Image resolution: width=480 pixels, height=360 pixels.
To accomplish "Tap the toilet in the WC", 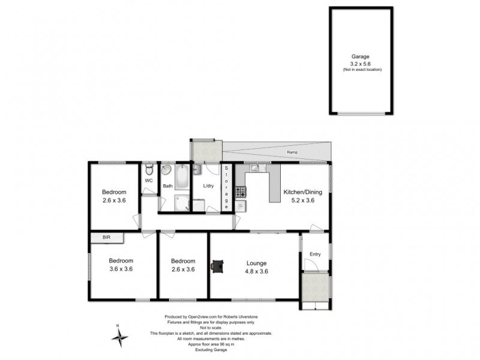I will coord(149,167).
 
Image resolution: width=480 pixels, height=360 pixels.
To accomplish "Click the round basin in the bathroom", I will coord(167,172).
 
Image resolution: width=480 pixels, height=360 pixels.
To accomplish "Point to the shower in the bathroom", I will coord(182,205).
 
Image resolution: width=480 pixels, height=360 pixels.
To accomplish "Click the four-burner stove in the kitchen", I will coord(240,192).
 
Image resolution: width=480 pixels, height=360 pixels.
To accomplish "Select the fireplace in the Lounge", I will coord(217,265).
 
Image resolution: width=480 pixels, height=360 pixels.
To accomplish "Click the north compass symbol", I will coord(120,337).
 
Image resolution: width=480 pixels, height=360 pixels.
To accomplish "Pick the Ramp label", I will coord(292,152).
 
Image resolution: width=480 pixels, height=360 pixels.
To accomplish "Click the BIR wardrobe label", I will coord(107,238).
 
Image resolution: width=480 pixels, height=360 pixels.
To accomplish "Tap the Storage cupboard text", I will coord(227,187).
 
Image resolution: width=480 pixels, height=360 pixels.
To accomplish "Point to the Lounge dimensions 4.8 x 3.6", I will coord(256,271).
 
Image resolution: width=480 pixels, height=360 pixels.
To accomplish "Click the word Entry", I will coord(315,254).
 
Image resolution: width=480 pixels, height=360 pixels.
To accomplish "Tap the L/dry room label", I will coord(209,186).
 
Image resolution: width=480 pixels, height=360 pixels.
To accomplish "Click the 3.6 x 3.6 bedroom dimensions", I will coord(121,269).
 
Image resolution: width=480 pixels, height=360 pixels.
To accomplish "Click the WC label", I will coord(149,179).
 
